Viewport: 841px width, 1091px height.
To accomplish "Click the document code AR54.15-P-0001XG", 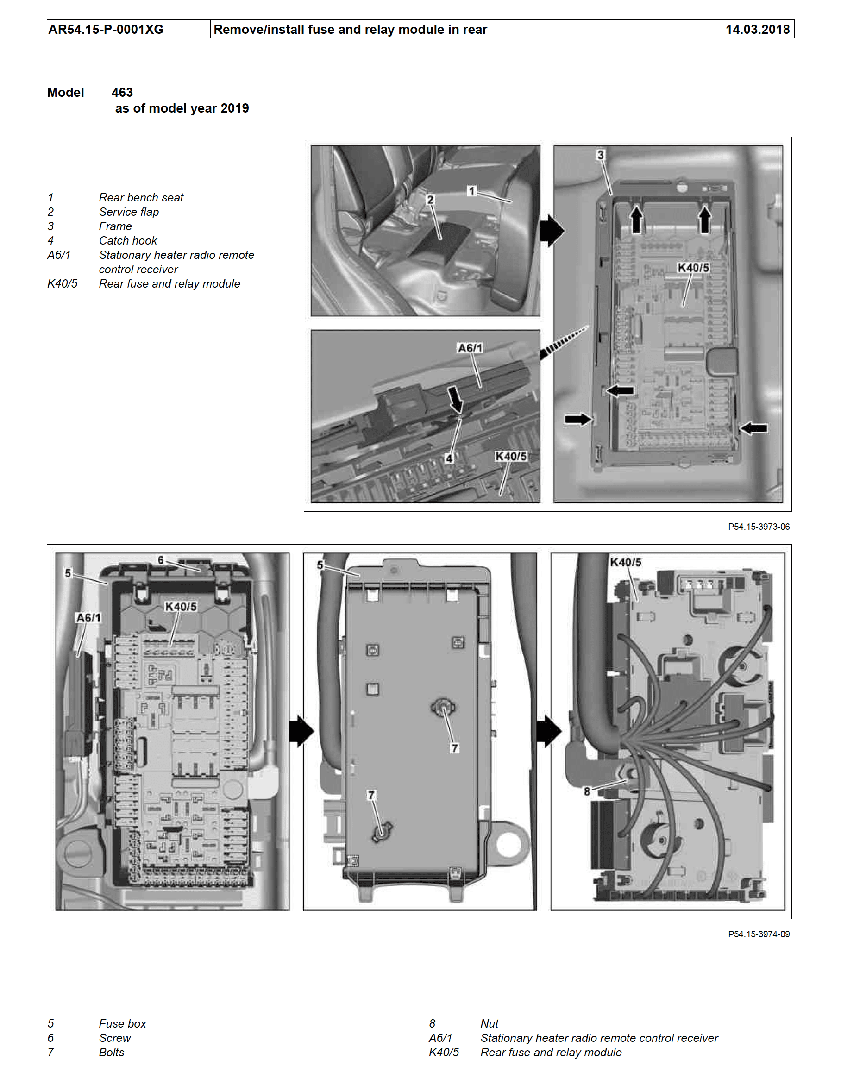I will coord(106,30).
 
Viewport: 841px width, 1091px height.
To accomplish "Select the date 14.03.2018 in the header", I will coord(757,30).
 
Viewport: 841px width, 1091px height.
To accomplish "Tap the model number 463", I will coord(122,93).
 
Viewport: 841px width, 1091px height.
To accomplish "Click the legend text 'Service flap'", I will coord(128,212).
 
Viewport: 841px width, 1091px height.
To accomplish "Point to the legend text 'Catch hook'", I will coord(127,240).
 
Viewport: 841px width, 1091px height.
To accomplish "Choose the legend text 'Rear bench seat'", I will coord(141,197).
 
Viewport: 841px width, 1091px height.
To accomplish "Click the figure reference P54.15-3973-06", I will coord(758,527).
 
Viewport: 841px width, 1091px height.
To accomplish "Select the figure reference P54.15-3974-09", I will coord(758,934).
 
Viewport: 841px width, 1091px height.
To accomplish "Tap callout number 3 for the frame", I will coord(600,155).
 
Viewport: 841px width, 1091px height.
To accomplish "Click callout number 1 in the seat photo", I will coord(471,191).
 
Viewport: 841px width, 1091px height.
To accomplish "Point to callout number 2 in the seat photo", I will coord(430,199).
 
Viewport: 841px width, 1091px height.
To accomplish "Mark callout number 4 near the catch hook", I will coord(449,458).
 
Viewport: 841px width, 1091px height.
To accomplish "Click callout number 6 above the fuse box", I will coord(160,560).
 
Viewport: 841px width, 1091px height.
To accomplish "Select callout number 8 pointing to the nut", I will coord(587,791).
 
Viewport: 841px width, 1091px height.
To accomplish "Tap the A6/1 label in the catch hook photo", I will coord(470,348).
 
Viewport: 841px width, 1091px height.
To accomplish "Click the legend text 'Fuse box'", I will coord(122,1023).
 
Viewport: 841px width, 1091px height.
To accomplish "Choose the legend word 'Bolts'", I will coord(112,1052).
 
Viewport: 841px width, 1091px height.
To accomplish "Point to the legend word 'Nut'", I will coord(489,1023).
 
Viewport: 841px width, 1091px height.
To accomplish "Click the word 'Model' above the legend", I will coord(65,93).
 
